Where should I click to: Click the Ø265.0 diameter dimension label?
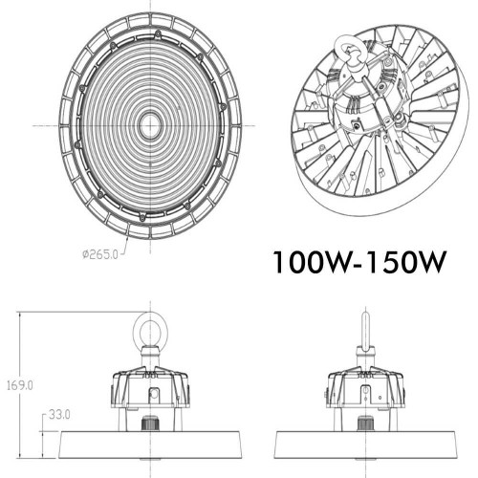point(102,253)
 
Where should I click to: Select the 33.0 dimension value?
point(60,414)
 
